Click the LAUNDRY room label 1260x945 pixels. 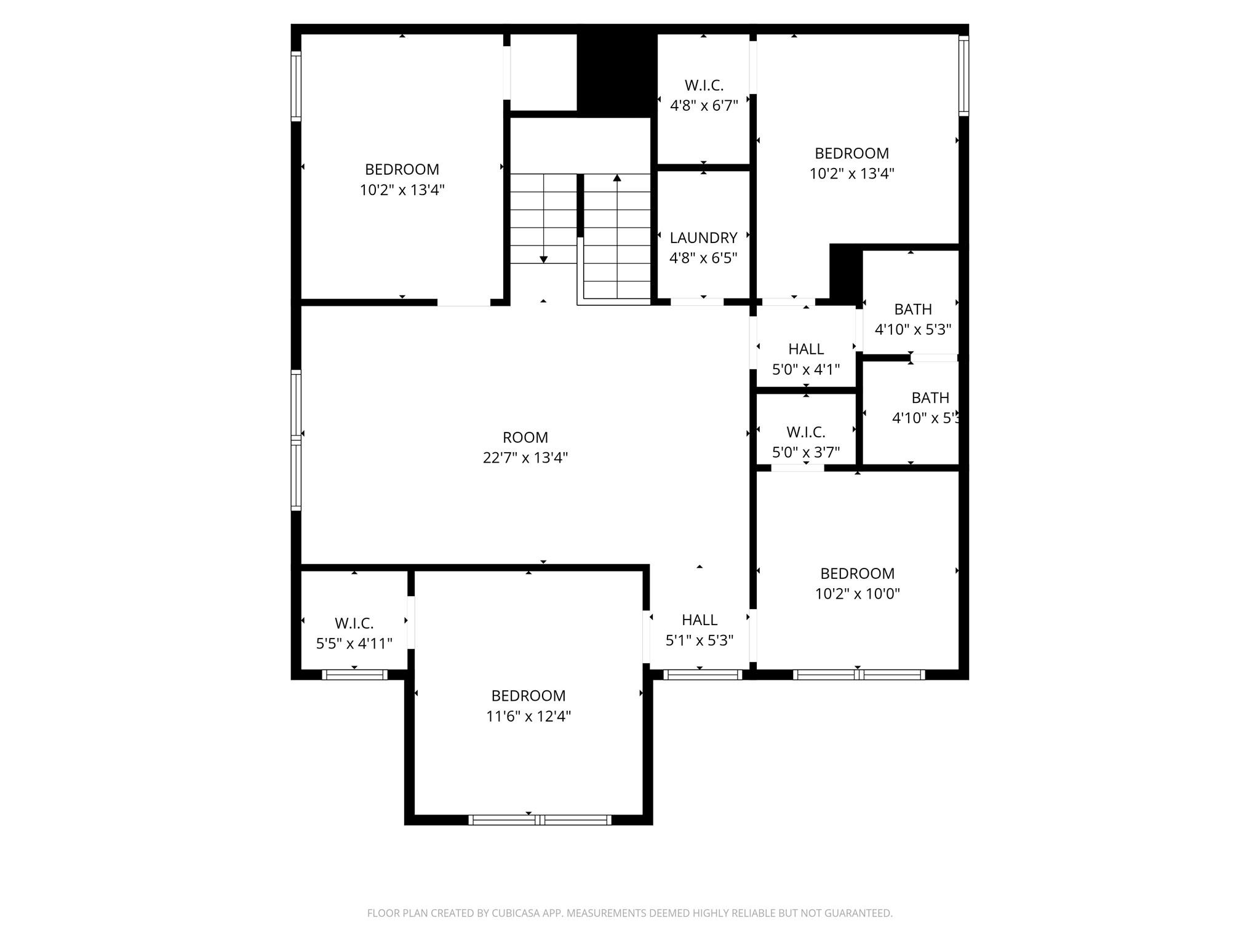click(x=703, y=237)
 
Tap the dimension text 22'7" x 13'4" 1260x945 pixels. click(x=525, y=458)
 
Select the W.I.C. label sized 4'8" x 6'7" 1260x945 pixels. click(x=704, y=86)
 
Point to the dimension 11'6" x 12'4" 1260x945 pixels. click(x=528, y=716)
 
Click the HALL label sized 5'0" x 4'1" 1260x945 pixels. click(x=806, y=349)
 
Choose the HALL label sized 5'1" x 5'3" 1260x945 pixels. click(x=700, y=620)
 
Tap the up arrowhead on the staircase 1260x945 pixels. click(x=617, y=178)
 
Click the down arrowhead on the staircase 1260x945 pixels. click(x=543, y=259)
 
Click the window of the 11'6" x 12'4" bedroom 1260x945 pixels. click(x=540, y=819)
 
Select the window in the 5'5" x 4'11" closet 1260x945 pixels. click(x=354, y=675)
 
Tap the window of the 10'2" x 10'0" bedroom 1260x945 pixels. click(x=858, y=675)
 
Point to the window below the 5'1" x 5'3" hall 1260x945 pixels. click(x=703, y=675)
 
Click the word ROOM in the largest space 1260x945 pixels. click(x=525, y=437)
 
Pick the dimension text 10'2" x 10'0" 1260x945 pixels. click(x=857, y=594)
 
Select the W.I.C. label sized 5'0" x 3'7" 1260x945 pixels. click(x=805, y=432)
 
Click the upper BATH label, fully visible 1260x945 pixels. click(x=912, y=309)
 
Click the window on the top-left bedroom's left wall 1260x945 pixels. click(x=296, y=86)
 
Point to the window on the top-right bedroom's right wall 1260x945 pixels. click(x=963, y=75)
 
